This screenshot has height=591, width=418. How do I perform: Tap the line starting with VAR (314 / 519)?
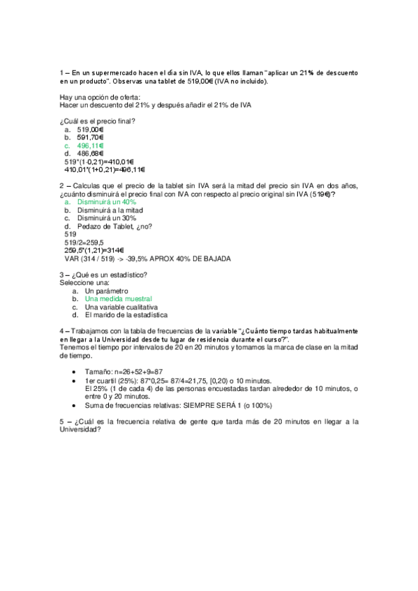(x=147, y=259)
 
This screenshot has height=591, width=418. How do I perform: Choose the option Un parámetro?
(x=107, y=291)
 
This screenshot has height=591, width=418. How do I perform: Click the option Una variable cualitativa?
(x=121, y=307)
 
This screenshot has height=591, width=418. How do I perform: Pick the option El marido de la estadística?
(x=126, y=315)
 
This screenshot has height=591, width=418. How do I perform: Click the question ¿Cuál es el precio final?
(x=97, y=121)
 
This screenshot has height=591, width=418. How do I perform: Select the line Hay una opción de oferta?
(x=100, y=97)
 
